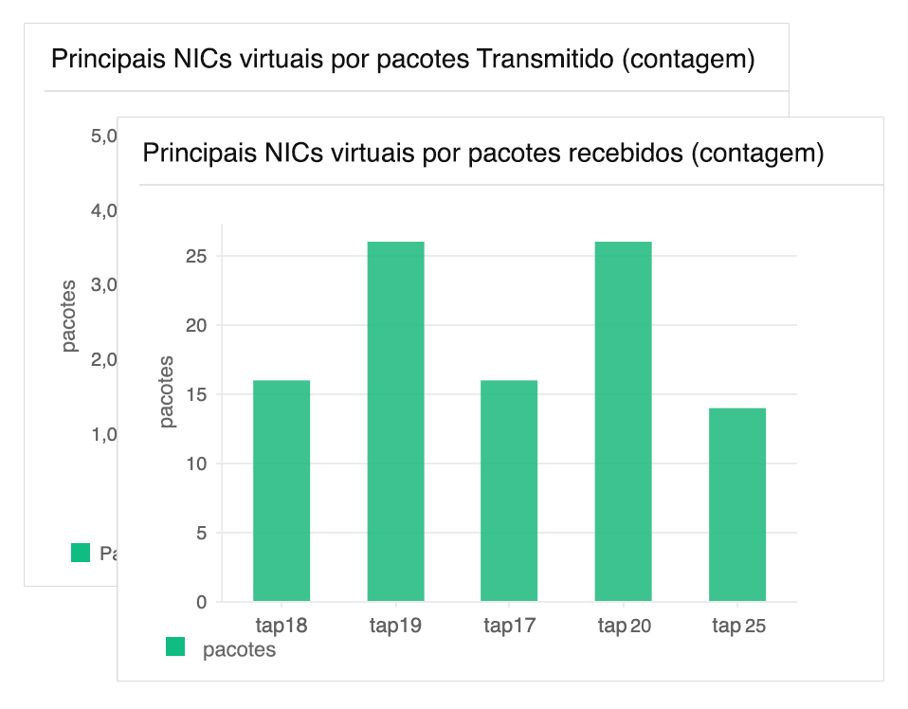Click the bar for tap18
pyautogui.click(x=281, y=490)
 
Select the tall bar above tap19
pyautogui.click(x=395, y=421)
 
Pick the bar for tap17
pyautogui.click(x=509, y=490)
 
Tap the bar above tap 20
pyautogui.click(x=623, y=421)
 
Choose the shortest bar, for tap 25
pyautogui.click(x=736, y=504)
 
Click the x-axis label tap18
pyautogui.click(x=281, y=626)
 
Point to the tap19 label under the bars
pyautogui.click(x=395, y=626)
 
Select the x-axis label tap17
pyautogui.click(x=509, y=626)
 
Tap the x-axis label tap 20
pyautogui.click(x=624, y=626)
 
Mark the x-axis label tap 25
pyautogui.click(x=738, y=626)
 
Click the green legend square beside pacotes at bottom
pyautogui.click(x=175, y=646)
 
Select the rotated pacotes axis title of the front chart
pyautogui.click(x=167, y=391)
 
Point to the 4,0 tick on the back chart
pyautogui.click(x=103, y=210)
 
